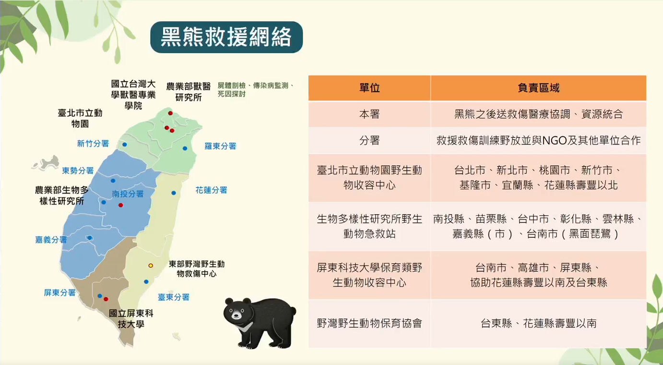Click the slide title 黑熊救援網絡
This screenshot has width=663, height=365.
[x=226, y=37]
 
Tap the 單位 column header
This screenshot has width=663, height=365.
[x=369, y=88]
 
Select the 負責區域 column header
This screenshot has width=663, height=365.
[x=538, y=88]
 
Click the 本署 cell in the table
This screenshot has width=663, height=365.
[x=369, y=114]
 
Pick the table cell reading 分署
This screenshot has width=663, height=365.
[x=369, y=140]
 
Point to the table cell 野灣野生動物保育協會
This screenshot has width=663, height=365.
[x=369, y=323]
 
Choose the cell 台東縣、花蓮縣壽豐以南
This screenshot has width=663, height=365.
[x=538, y=323]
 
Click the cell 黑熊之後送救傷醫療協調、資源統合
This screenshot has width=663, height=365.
[x=538, y=114]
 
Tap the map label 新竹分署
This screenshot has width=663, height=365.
[x=93, y=144]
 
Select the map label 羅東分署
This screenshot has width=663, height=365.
[x=221, y=146]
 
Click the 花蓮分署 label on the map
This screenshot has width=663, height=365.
[x=212, y=190]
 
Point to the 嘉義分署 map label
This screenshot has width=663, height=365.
[x=51, y=240]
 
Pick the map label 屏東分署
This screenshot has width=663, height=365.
[x=60, y=292]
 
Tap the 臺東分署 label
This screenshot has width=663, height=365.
[x=174, y=297]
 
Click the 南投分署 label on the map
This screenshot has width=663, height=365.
[x=128, y=194]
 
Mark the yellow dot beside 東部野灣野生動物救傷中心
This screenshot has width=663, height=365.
[x=151, y=266]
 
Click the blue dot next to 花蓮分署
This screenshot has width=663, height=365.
[x=174, y=193]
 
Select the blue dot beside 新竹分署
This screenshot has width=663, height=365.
[x=125, y=145]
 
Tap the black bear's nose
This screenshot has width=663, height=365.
[x=236, y=316]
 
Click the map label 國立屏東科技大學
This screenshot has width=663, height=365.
[x=131, y=319]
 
